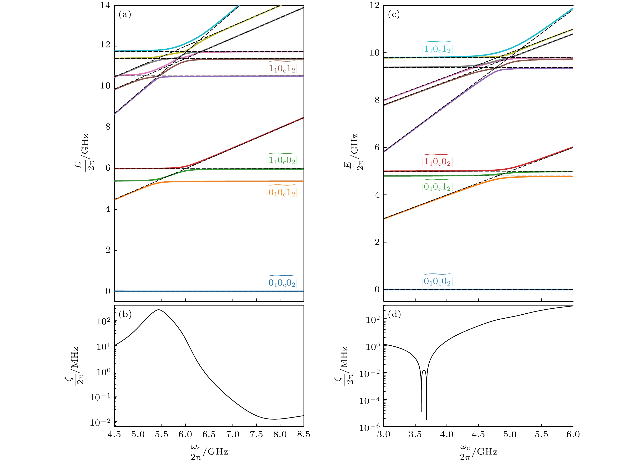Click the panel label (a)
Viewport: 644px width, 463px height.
125,14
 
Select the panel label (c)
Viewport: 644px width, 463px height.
394,14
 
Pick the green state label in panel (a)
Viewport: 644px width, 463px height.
282,160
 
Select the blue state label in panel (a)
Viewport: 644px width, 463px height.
282,282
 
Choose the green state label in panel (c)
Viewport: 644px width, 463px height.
437,186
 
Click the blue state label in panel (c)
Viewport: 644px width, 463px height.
437,281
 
